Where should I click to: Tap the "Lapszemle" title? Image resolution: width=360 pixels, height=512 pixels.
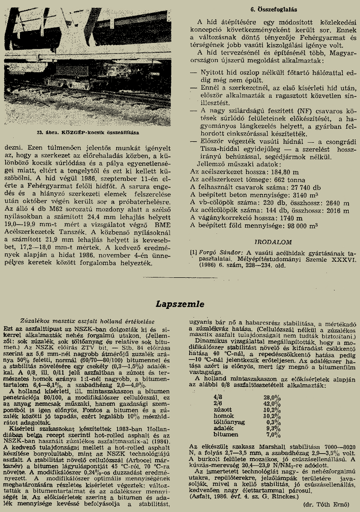180,303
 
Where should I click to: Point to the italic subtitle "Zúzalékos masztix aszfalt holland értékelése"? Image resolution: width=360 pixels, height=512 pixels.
88,320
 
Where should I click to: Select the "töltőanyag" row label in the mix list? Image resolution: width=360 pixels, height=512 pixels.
229,422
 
